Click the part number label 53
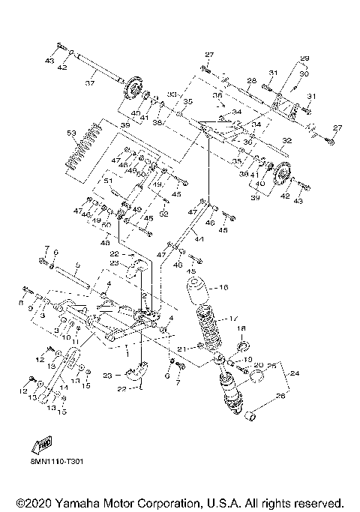[71, 132]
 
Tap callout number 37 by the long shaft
[89, 82]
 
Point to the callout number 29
[305, 58]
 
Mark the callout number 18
[241, 328]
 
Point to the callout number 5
[76, 265]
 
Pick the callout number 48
[104, 241]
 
